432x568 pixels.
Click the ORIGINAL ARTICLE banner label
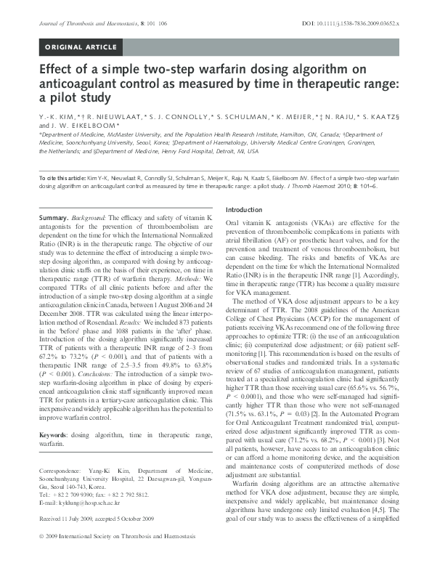pos(81,48)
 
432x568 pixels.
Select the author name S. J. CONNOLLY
pos(169,116)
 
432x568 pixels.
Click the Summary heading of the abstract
pos(53,219)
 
